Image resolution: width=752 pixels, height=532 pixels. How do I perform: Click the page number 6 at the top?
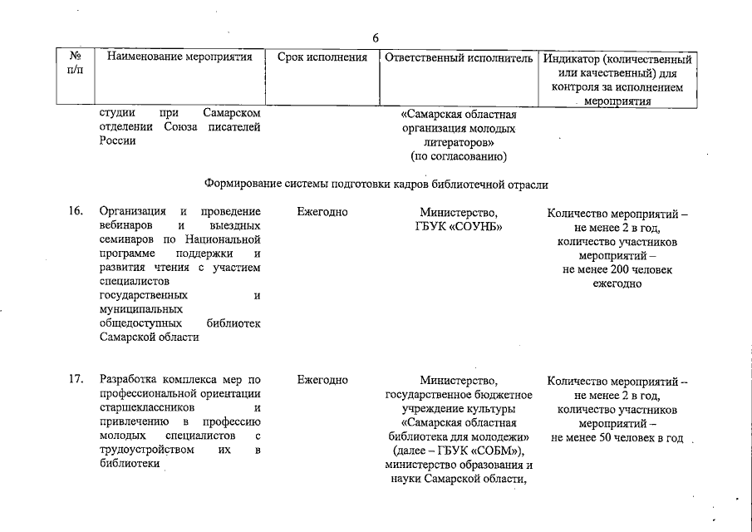(376, 37)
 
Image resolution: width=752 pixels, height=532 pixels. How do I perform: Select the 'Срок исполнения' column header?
(321, 58)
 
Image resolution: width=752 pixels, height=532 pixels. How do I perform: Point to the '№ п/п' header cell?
(75, 65)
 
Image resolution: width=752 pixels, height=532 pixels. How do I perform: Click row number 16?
(76, 212)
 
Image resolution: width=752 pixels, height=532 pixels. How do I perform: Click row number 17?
(76, 381)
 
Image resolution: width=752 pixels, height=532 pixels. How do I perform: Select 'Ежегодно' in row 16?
(322, 212)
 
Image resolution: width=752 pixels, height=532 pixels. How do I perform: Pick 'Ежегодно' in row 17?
(322, 381)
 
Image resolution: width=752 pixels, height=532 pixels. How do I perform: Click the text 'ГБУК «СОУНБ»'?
(459, 226)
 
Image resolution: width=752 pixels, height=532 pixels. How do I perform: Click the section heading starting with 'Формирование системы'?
(376, 184)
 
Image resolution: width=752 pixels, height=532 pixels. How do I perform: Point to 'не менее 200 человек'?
(617, 269)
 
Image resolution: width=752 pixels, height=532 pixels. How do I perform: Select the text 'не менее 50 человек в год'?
(617, 438)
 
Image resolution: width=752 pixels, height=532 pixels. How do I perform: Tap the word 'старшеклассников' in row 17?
(147, 409)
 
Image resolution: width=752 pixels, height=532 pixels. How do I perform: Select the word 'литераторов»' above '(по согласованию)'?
(459, 143)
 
